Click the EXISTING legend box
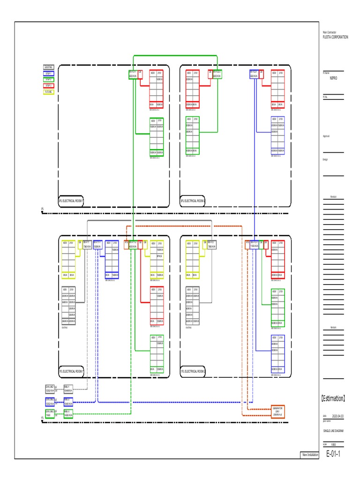pyautogui.click(x=49, y=67)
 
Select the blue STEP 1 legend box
pyautogui.click(x=49, y=74)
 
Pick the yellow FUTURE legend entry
pyautogui.click(x=49, y=92)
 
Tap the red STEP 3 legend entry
pyautogui.click(x=49, y=86)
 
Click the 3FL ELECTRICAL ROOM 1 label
pyautogui.click(x=71, y=201)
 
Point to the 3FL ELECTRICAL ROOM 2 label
pyautogui.click(x=193, y=201)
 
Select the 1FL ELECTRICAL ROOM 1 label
pyautogui.click(x=71, y=371)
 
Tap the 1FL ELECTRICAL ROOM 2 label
pyautogui.click(x=193, y=371)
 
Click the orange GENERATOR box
pyautogui.click(x=278, y=412)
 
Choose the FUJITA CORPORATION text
pyautogui.click(x=335, y=37)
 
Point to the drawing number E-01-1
pyautogui.click(x=333, y=454)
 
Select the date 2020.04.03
pyautogui.click(x=337, y=416)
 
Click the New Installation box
pyautogui.click(x=310, y=455)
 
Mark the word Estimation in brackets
pyautogui.click(x=333, y=399)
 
